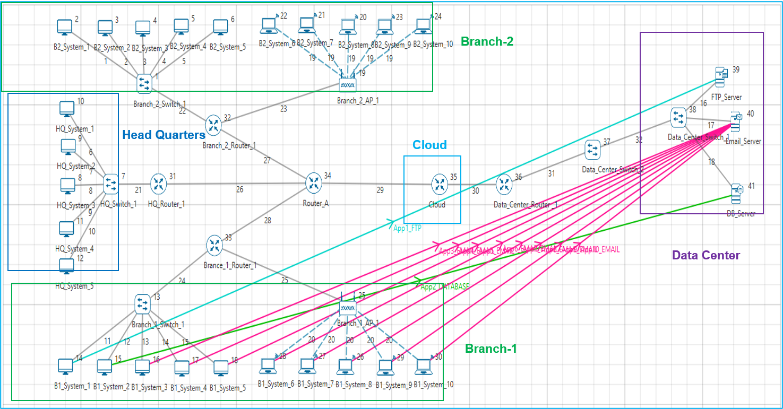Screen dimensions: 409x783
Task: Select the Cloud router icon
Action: pos(440,184)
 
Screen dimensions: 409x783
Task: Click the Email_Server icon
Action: pos(736,122)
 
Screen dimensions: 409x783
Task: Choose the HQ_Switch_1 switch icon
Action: pos(111,184)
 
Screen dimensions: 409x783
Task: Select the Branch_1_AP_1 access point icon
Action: pos(347,308)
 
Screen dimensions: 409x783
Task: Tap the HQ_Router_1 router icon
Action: pos(158,184)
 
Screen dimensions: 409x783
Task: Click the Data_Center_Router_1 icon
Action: pos(503,184)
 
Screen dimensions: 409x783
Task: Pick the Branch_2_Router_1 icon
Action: pos(214,125)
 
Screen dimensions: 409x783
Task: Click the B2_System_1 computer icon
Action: pos(65,27)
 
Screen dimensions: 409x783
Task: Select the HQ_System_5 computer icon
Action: pos(67,266)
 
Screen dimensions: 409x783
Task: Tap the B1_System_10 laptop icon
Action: pos(423,366)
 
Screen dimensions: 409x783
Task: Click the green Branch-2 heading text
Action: pos(487,41)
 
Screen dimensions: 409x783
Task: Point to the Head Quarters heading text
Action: pos(164,135)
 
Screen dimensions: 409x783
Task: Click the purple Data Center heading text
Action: pos(705,255)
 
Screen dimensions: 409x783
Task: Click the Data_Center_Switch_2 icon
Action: pos(592,150)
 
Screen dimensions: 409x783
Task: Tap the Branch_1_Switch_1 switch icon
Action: pos(143,304)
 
